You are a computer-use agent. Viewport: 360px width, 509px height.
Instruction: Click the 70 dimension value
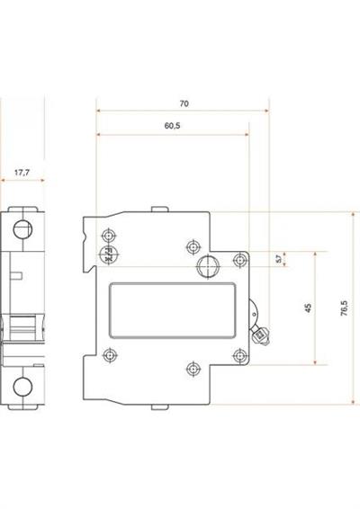click(x=184, y=103)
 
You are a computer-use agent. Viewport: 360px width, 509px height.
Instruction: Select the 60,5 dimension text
click(x=173, y=126)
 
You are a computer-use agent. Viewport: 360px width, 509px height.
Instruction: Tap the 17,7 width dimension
click(x=22, y=170)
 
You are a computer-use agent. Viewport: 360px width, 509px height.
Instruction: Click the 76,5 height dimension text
click(x=345, y=308)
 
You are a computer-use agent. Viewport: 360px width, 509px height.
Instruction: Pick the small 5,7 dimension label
click(x=278, y=259)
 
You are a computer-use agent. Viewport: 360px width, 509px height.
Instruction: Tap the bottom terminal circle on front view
click(x=22, y=388)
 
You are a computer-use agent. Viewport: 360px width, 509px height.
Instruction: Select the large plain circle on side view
click(x=208, y=266)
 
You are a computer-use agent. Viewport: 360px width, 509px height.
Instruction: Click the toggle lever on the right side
click(x=261, y=332)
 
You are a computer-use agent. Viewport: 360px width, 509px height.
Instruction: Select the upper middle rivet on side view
click(x=192, y=246)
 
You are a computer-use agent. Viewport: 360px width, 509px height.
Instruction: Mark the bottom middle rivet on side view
click(x=192, y=367)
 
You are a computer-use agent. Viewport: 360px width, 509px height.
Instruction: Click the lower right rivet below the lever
click(x=239, y=356)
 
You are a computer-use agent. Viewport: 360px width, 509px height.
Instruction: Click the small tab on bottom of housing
click(x=159, y=406)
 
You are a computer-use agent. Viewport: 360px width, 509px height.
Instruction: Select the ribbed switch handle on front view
click(x=22, y=324)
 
